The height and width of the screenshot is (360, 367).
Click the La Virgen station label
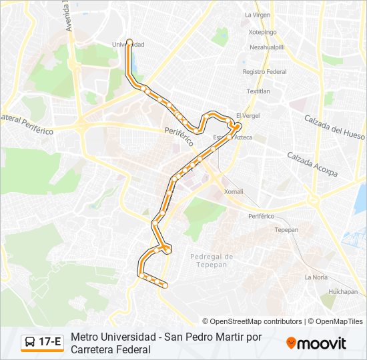pyautogui.click(x=257, y=14)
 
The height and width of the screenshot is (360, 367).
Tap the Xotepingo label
pyautogui.click(x=262, y=31)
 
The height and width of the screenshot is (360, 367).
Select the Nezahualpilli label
pyautogui.click(x=267, y=47)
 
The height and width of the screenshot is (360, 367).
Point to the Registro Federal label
pyautogui.click(x=264, y=71)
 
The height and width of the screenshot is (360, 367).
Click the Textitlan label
pyautogui.click(x=258, y=91)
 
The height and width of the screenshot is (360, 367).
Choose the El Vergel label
pyautogui.click(x=248, y=115)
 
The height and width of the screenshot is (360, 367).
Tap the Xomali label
pyautogui.click(x=234, y=191)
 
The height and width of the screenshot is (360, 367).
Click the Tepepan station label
pyautogui.click(x=286, y=229)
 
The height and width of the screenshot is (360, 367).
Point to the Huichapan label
pyautogui.click(x=343, y=291)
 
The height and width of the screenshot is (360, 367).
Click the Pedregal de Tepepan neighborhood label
pyautogui.click(x=212, y=261)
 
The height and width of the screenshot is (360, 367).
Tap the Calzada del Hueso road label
pyautogui.click(x=334, y=125)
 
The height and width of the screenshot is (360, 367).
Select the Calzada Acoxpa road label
pyautogui.click(x=312, y=165)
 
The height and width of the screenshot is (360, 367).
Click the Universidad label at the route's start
pyautogui.click(x=128, y=44)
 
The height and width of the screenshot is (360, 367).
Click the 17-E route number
pyautogui.click(x=51, y=343)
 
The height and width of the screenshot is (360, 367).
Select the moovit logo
pyautogui.click(x=316, y=343)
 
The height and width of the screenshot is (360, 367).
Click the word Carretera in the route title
pyautogui.click(x=93, y=349)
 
